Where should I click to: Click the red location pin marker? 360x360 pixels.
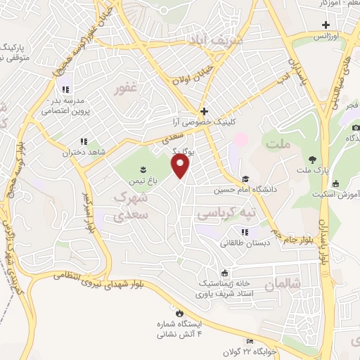(x=181, y=166)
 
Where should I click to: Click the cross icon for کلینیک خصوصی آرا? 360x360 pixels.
(x=204, y=111)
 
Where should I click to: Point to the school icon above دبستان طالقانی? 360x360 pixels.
(x=245, y=232)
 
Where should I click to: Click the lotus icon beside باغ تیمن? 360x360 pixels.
(x=143, y=169)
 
